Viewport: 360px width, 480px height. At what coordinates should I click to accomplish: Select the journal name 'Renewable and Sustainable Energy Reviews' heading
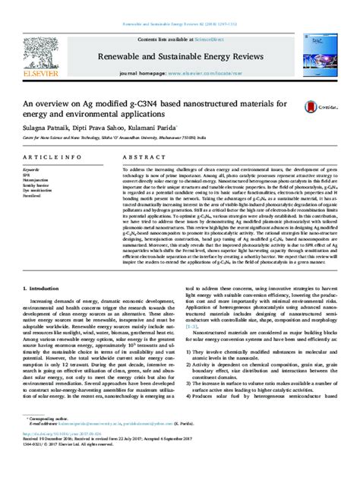tap(179, 55)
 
